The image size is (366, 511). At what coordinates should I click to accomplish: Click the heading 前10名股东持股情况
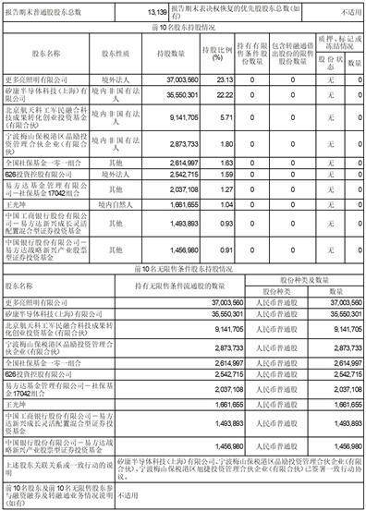pyautogui.click(x=183, y=27)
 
